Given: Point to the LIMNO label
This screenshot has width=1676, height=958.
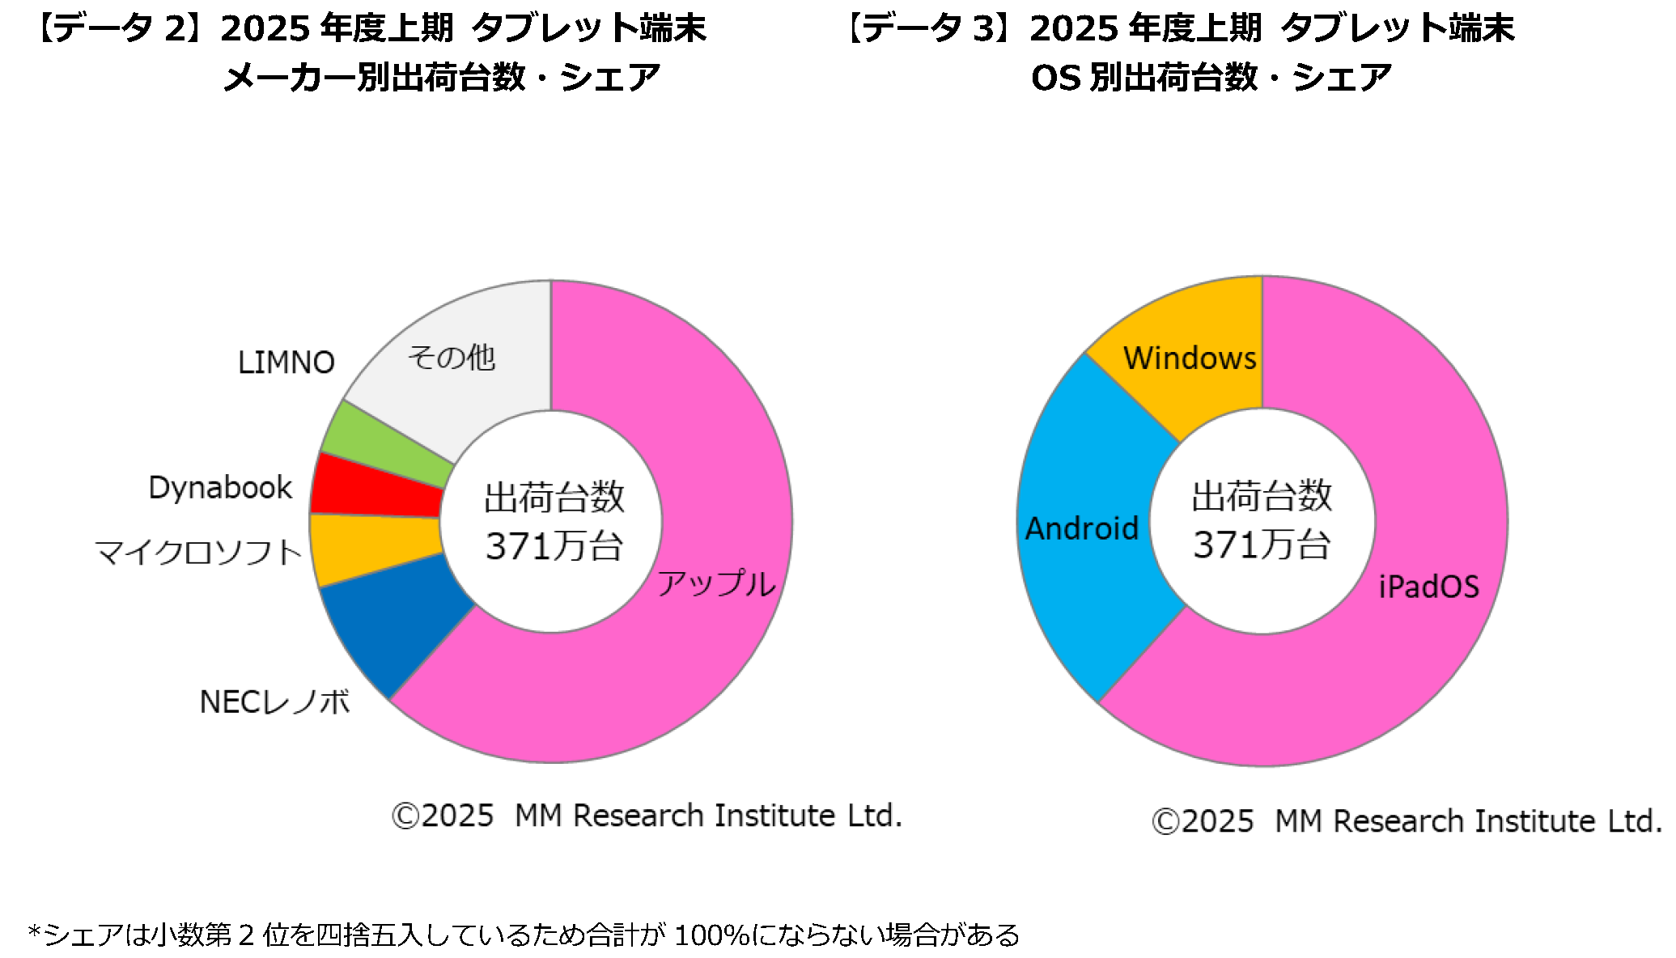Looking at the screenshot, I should coord(286,362).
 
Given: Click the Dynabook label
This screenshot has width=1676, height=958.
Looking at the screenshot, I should coord(220,488).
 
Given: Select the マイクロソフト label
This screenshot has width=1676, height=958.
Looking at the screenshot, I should coord(199,553).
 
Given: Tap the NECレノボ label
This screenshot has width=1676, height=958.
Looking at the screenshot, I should coord(275,702).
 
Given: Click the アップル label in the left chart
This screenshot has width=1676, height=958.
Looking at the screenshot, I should coord(716,583).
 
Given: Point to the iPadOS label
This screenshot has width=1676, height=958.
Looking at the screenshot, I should coord(1428,587).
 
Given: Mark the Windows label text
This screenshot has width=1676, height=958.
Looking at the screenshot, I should coord(1190,358).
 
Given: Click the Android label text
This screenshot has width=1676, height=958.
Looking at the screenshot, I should coord(1082,528).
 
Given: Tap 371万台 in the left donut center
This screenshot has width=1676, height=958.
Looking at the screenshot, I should coord(554,546).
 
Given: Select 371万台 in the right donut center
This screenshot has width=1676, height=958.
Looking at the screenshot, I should coord(1262,545).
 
